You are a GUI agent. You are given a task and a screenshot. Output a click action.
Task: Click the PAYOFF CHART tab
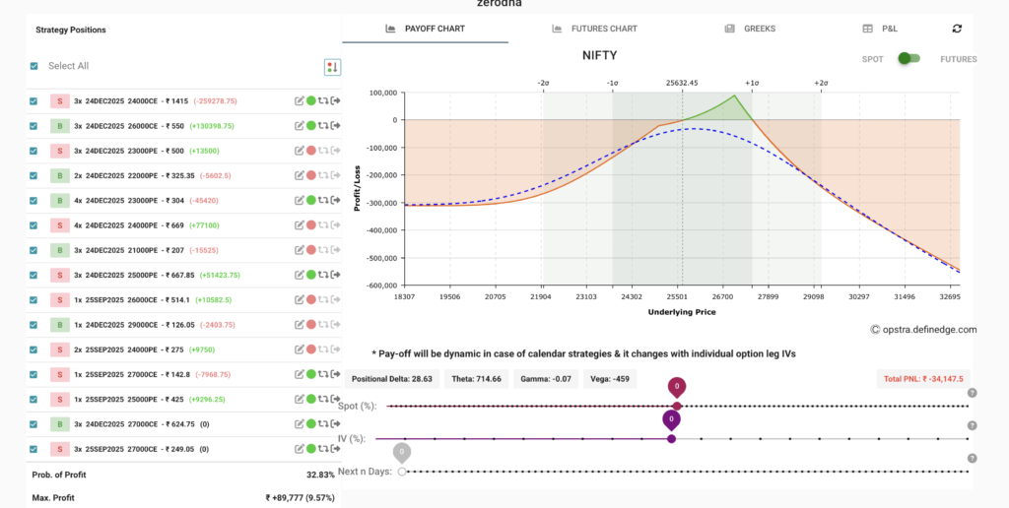[x=425, y=29]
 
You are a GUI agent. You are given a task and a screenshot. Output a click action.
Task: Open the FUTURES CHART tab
[x=594, y=29]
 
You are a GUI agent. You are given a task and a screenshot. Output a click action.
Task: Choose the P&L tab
[x=880, y=29]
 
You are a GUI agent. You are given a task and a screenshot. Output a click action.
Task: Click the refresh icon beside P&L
[x=958, y=29]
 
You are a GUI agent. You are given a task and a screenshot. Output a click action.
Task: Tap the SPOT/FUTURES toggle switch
[x=908, y=59]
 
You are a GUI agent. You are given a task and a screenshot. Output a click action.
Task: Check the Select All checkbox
[x=34, y=66]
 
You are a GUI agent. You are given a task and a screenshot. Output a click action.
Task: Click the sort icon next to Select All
[x=332, y=67]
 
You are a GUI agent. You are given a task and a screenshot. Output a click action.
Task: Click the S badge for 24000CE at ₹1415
[x=59, y=100]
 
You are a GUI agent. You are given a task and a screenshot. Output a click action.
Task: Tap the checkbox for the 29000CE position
[x=34, y=324]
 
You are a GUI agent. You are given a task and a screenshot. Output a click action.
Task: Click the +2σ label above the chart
[x=821, y=84]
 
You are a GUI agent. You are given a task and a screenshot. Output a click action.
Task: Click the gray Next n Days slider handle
[x=402, y=472]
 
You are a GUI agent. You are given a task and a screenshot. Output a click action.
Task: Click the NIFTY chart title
[x=599, y=56]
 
